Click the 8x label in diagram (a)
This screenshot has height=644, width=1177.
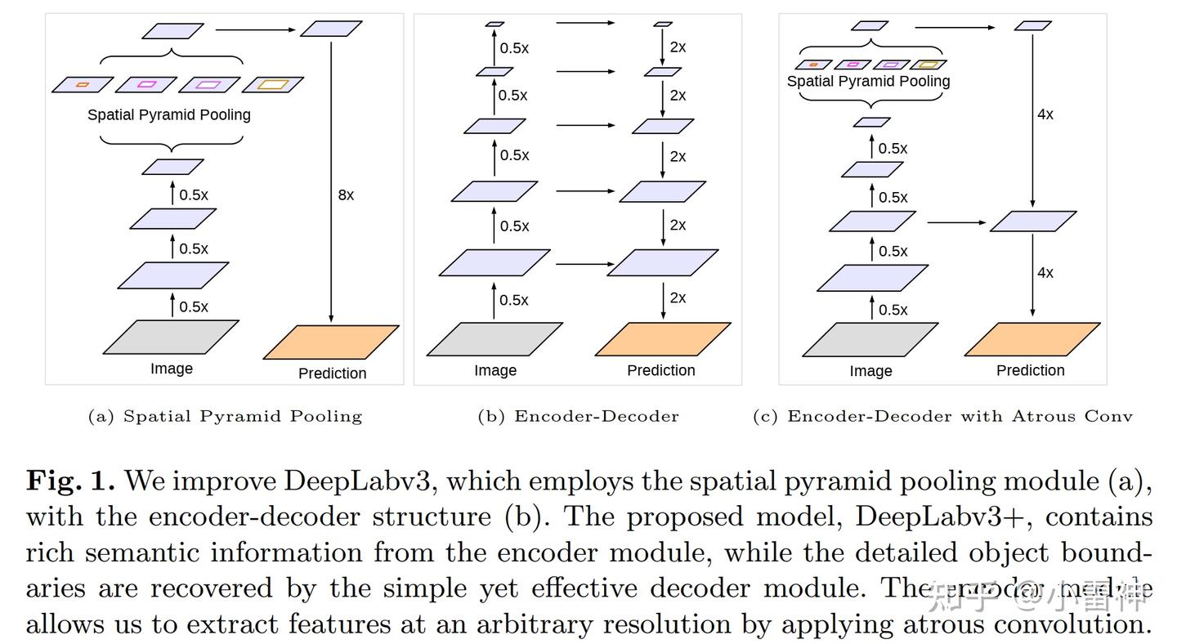[346, 195]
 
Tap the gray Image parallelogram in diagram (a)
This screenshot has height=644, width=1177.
[171, 337]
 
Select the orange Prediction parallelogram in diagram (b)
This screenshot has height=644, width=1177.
[662, 339]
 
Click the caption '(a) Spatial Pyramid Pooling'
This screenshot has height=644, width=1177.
[225, 416]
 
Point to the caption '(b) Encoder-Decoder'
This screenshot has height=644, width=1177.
[578, 416]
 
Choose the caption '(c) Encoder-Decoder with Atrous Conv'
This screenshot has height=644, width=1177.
[942, 416]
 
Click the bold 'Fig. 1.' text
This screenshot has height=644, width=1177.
[72, 481]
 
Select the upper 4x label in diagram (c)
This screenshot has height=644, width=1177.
[1045, 114]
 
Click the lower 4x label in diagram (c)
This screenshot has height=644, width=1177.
[1045, 272]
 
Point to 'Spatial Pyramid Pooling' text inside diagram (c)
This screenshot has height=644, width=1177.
[868, 81]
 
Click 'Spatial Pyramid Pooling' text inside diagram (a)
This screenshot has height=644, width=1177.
[169, 114]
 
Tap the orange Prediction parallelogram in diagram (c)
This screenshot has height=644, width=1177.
[1032, 339]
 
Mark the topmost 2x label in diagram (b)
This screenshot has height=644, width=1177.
[678, 47]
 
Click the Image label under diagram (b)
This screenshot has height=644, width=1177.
[495, 370]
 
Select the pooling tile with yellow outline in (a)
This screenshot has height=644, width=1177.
[273, 84]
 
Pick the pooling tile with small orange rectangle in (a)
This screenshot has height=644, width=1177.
[82, 84]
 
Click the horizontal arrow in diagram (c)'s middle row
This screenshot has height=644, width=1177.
[956, 221]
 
